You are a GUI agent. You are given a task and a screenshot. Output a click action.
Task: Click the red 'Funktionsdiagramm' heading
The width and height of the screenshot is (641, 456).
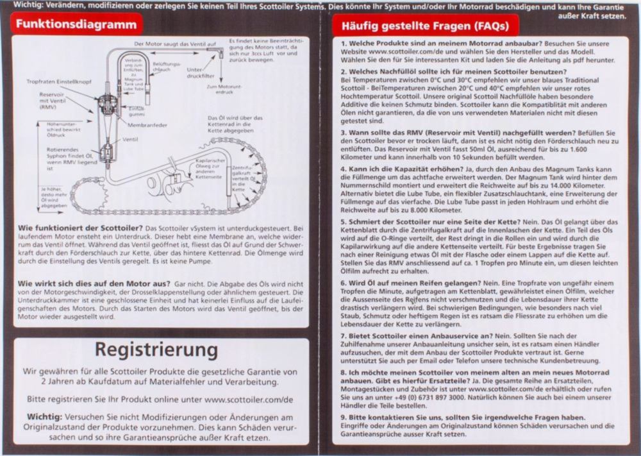[76, 25]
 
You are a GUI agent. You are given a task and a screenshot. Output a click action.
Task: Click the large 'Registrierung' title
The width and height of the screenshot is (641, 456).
[156, 350]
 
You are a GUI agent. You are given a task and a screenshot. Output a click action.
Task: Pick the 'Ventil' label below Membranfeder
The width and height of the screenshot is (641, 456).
[130, 139]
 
